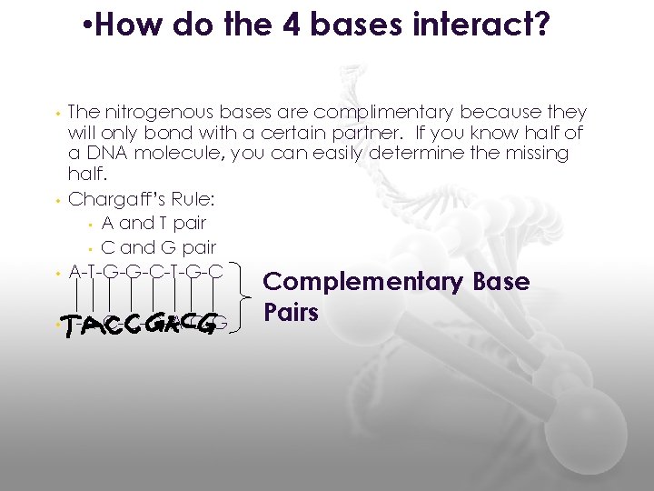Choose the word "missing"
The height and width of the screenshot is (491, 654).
[535, 153]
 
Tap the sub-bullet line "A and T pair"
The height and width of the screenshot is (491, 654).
[154, 223]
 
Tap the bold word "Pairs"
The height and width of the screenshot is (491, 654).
[291, 313]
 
